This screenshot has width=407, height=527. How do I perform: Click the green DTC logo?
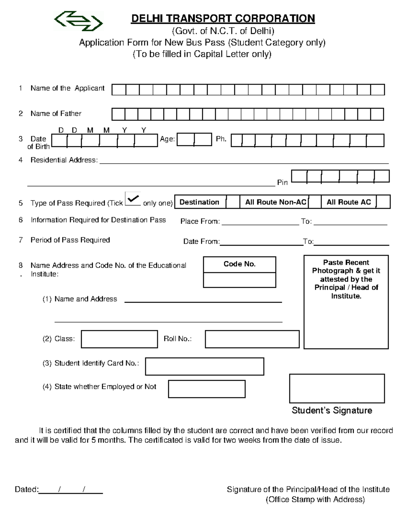[x=78, y=21]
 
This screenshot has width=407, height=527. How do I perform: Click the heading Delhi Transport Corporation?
[x=223, y=19]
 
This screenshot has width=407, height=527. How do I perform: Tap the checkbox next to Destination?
[x=233, y=202]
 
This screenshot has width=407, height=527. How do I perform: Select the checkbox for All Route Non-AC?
[x=314, y=202]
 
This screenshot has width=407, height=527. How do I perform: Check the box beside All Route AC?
[x=383, y=202]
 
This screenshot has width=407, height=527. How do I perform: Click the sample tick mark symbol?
[x=133, y=199]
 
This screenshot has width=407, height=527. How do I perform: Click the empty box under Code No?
[x=239, y=280]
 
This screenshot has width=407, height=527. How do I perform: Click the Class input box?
[x=119, y=339]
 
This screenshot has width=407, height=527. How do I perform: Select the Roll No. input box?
[x=252, y=339]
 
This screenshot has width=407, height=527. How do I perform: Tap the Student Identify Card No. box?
[x=205, y=366]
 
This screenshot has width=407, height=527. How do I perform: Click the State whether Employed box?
[x=207, y=389]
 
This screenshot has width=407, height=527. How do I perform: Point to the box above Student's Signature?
[x=337, y=389]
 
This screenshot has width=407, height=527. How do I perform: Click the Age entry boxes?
[x=194, y=139]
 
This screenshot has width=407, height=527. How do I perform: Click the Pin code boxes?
[x=340, y=176]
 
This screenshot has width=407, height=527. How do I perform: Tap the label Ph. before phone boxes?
[x=221, y=139]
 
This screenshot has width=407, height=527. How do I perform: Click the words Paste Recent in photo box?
[x=346, y=262]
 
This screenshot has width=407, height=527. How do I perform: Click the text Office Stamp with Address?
[x=315, y=500]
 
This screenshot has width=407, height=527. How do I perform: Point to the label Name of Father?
[x=56, y=114]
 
